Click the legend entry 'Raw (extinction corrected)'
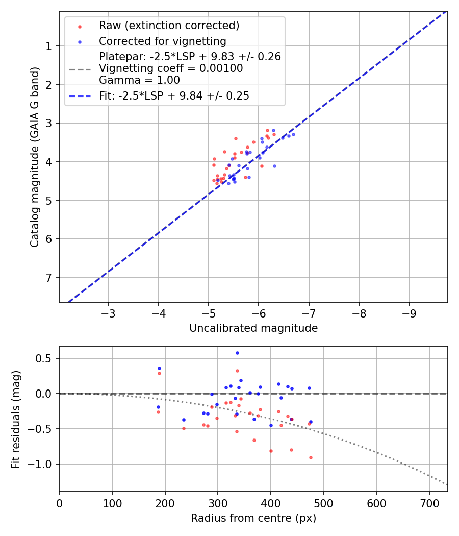pos(169,26)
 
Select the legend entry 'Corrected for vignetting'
pos(162,41)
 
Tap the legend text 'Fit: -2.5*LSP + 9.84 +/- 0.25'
pos(174,95)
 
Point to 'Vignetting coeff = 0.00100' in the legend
pos(171,68)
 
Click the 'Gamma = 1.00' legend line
pos(139,80)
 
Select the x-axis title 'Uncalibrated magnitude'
pos(253,328)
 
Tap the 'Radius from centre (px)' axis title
pos(253,518)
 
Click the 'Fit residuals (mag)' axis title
pos(16,419)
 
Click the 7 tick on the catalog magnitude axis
pos(50,278)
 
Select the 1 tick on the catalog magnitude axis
pos(50,46)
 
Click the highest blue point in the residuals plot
pos(237,353)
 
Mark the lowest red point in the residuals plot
pos(311,457)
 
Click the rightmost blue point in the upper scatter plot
pos(293,134)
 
